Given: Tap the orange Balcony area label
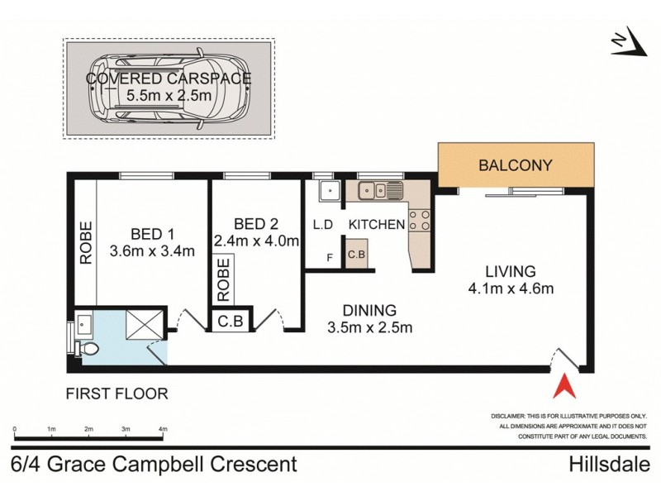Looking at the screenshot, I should [x=516, y=165].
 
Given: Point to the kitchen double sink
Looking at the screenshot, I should [x=380, y=190].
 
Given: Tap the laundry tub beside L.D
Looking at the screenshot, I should [x=328, y=191].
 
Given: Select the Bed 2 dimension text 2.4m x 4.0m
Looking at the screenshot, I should [x=255, y=241].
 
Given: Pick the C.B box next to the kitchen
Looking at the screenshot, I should [x=356, y=255].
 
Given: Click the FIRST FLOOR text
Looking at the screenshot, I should [x=117, y=394].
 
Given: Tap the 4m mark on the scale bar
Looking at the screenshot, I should [x=163, y=430].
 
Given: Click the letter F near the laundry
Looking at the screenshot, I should [x=330, y=259].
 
